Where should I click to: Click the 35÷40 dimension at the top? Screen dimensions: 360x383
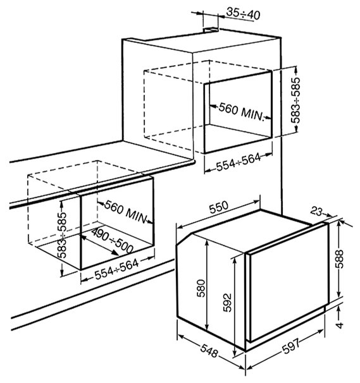243,13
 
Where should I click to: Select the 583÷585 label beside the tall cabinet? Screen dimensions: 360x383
295,100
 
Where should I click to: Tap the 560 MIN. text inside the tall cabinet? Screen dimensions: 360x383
242,111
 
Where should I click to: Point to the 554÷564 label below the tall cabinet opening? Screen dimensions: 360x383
239,162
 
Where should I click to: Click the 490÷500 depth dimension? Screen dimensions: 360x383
112,241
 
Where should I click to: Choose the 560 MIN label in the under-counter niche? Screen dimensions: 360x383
126,212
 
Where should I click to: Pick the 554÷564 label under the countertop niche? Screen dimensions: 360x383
116,269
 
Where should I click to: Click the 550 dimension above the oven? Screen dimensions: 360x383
218,207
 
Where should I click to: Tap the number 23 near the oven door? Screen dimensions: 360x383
317,212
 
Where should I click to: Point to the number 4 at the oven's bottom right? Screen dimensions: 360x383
340,325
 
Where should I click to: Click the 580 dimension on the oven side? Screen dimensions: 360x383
201,288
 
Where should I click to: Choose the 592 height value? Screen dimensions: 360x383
227,303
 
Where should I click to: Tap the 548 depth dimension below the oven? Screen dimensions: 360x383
209,351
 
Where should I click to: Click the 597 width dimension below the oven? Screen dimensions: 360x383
291,346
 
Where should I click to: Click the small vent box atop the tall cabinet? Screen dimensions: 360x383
211,30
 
